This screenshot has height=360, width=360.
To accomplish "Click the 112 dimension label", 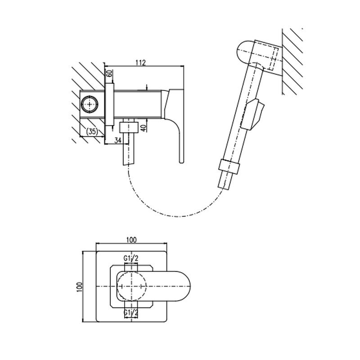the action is (141, 63).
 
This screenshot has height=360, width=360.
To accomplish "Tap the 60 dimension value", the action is (110, 73).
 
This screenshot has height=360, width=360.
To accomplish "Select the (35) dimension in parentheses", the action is (92, 131).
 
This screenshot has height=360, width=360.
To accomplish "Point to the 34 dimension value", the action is (118, 140).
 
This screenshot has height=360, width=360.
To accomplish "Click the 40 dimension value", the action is (144, 127).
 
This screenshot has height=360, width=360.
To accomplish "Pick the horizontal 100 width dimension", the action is (131, 240).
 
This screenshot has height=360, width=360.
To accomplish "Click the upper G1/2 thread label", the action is (131, 258).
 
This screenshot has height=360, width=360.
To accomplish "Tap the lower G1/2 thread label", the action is (131, 312).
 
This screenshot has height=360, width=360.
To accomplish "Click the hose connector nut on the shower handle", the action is (229, 165).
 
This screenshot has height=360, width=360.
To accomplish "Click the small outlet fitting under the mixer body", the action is (129, 127).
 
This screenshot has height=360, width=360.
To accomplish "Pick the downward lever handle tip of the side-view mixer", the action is (181, 161).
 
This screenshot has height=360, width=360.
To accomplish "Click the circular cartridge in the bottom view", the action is (131, 286).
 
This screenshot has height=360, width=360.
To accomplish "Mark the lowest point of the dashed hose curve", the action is (179, 216).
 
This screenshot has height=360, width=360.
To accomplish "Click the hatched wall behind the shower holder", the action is (293, 62).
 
